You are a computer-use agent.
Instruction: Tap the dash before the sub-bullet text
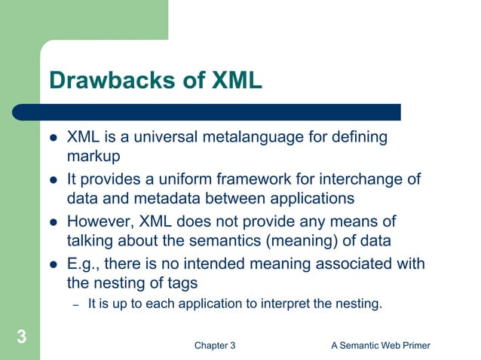[75, 304]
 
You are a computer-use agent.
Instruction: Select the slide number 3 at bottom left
[22, 337]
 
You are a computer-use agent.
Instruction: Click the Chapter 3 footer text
[214, 345]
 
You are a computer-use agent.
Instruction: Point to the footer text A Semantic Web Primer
[379, 345]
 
